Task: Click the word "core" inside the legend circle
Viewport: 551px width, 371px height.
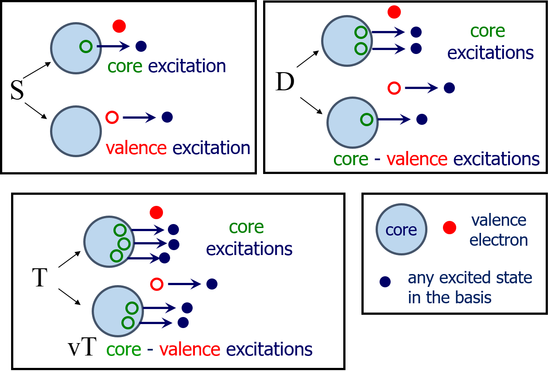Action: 401,230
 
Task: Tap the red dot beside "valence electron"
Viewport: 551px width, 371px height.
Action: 449,228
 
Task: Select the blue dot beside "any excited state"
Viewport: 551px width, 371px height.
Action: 385,282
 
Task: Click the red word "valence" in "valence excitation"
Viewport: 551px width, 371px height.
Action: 136,148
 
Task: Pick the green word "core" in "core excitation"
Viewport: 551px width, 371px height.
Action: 125,67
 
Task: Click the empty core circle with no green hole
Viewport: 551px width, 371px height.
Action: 76,131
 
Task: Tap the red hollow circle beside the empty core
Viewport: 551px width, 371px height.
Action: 112,117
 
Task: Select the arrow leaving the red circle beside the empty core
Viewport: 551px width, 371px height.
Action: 139,117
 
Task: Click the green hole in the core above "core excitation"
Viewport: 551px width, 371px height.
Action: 86,46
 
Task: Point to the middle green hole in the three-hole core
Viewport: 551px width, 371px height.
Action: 124,244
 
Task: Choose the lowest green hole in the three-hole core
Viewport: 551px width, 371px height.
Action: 116,256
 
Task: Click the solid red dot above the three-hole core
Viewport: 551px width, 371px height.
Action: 156,213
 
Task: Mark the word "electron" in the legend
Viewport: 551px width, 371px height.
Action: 499,240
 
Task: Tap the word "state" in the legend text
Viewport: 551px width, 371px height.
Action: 514,278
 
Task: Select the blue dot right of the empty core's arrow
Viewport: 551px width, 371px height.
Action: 167,117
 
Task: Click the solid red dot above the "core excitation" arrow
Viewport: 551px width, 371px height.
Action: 119,26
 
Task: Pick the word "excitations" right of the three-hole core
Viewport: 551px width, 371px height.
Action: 249,249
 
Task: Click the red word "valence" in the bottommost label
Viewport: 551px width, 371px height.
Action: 190,350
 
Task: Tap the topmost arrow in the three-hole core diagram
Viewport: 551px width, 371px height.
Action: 148,230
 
